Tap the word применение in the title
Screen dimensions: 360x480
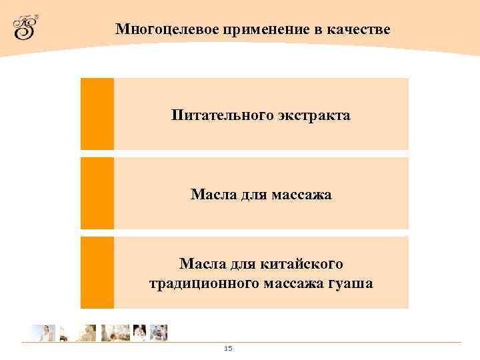[235, 30]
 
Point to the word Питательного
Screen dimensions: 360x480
[213, 115]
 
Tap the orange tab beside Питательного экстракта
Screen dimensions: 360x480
[97, 113]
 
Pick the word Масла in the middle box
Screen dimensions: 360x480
[211, 195]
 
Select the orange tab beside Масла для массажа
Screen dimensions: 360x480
[97, 193]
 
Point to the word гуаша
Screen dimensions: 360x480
[351, 284]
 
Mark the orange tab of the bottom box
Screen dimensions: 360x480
[97, 272]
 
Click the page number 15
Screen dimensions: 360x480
[228, 349]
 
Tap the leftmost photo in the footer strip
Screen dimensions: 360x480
[43, 333]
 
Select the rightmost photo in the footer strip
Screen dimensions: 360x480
[158, 333]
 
